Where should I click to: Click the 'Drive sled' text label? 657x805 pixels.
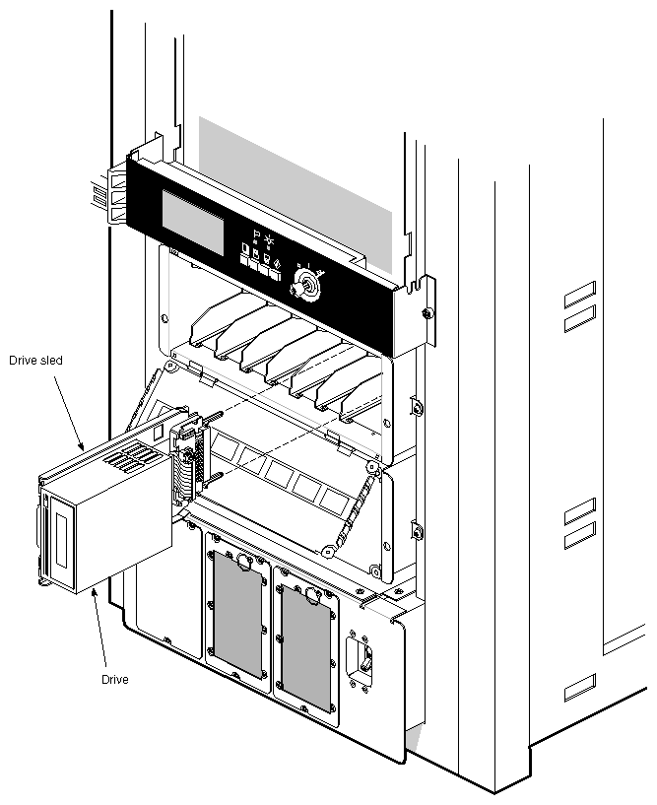[x=35, y=361]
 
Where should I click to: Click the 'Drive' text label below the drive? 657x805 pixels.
[x=115, y=680]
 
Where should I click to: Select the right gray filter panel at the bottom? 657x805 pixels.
[x=306, y=645]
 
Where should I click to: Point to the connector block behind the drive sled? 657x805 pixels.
[x=186, y=473]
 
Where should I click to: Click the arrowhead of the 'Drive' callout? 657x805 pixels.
[x=93, y=591]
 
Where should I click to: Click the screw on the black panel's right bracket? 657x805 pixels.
[x=425, y=314]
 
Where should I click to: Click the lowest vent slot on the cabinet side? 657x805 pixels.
[x=580, y=688]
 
